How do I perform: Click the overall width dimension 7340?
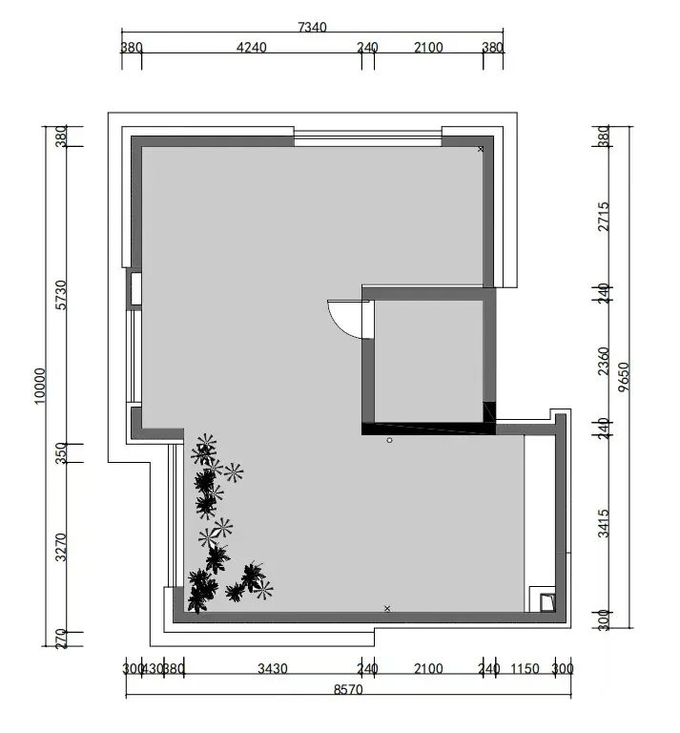[312, 28]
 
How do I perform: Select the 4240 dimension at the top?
[251, 48]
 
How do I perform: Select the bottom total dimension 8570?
[348, 689]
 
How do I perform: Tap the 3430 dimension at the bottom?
[273, 668]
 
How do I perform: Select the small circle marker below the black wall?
[389, 440]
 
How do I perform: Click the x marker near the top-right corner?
[481, 149]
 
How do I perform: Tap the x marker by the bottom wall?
[387, 608]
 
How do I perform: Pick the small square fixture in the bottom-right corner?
[546, 600]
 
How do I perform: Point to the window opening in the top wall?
[367, 139]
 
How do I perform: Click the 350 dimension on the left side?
[61, 452]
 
